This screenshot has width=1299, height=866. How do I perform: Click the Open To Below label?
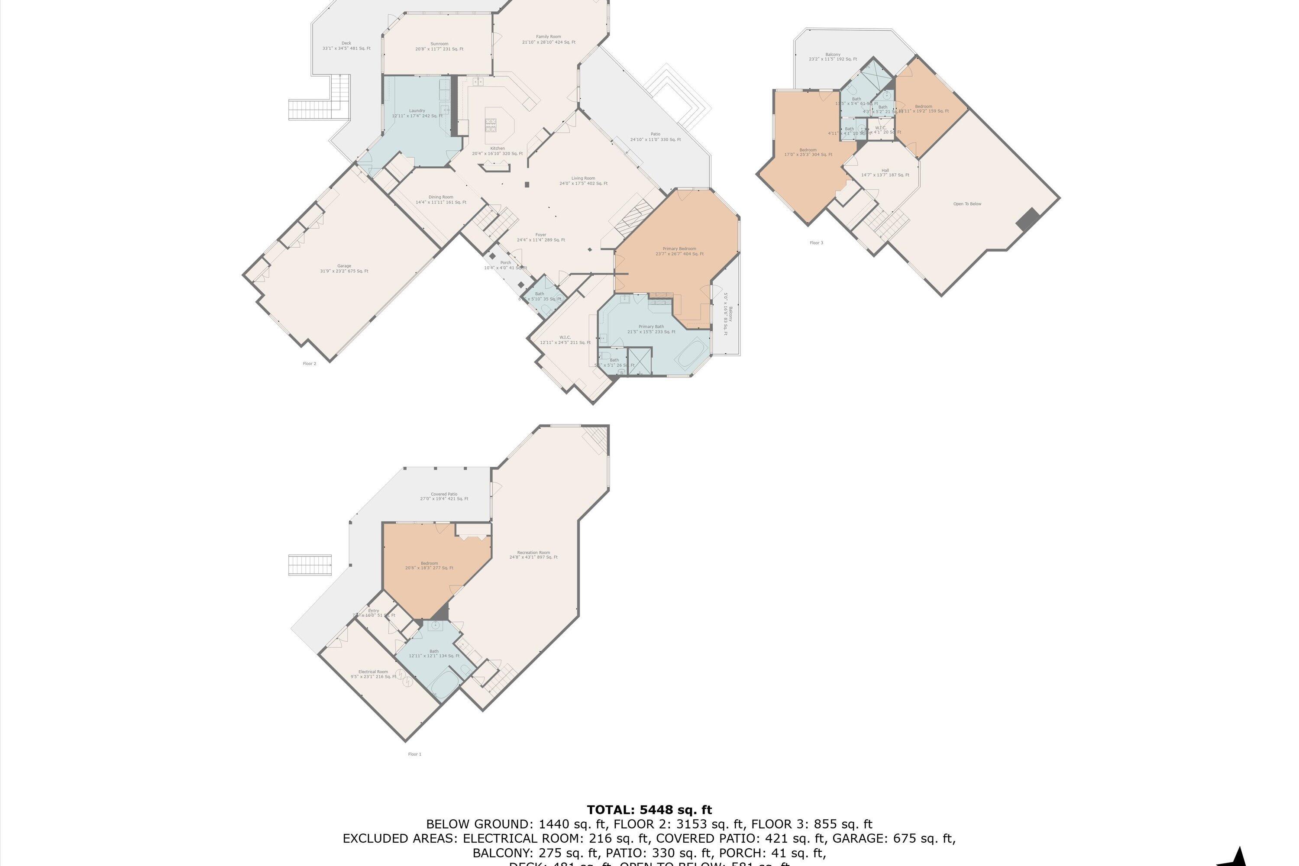[967, 204]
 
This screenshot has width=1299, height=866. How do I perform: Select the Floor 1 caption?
[414, 754]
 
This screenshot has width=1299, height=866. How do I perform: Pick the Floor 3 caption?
[816, 242]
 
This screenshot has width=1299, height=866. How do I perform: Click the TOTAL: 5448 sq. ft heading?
[649, 810]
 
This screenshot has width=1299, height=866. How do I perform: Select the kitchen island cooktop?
[491, 126]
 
